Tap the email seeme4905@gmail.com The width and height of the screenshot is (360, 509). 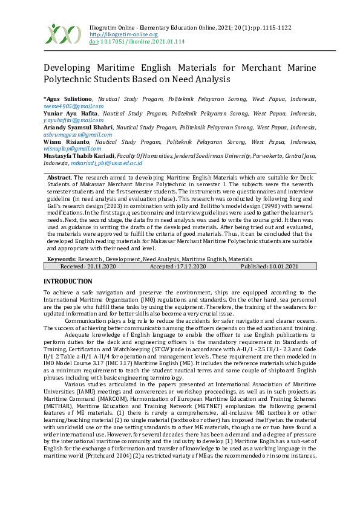click(65, 106)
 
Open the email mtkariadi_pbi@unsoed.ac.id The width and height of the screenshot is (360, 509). click(106, 163)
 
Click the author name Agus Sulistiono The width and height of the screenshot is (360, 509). click(68, 99)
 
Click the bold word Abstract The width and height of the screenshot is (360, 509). click(59, 178)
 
